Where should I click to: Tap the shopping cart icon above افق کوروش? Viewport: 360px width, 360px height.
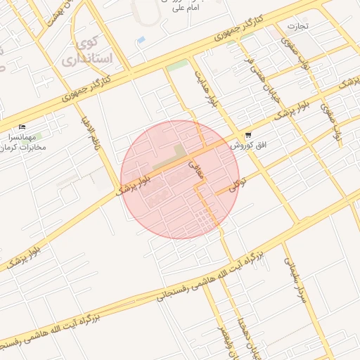click(x=247, y=135)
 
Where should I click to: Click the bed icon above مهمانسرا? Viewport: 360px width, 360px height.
click(x=22, y=128)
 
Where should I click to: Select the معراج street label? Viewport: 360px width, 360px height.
click(x=196, y=169)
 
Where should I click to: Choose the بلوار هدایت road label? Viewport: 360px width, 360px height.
click(x=204, y=88)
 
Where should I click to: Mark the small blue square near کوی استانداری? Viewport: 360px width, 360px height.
click(x=141, y=41)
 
